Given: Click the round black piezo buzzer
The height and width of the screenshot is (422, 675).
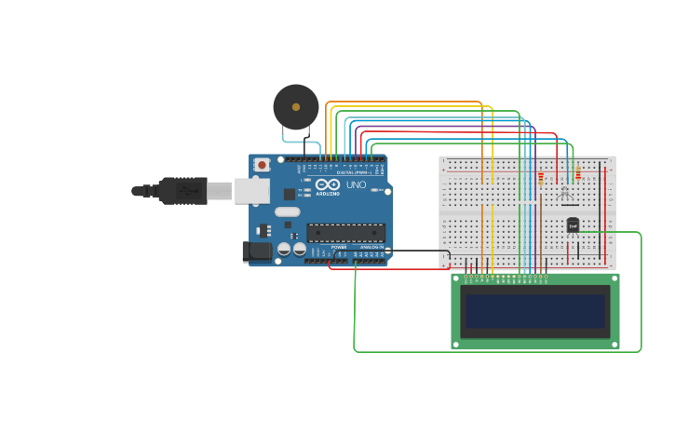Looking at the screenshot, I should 296,106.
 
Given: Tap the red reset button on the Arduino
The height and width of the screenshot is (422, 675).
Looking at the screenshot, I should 263,165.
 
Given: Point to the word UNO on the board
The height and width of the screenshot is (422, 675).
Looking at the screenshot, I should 356,184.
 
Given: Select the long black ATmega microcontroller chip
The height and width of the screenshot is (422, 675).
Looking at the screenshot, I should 345,233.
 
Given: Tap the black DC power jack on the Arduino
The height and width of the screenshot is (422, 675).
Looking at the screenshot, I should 257,252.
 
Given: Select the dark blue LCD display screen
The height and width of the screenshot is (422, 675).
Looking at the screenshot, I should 535,311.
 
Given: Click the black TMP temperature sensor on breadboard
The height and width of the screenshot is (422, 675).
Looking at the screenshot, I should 573,225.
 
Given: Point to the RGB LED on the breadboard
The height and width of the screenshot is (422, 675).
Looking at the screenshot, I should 564,193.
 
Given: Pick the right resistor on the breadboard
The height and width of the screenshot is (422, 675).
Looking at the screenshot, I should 578,173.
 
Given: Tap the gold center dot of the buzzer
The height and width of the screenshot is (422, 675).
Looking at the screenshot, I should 296,107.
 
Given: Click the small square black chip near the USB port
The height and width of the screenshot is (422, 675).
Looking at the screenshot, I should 289,195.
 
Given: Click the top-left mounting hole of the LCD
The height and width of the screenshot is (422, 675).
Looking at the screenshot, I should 456,278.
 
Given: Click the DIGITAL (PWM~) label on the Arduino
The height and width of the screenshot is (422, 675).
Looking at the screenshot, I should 352,173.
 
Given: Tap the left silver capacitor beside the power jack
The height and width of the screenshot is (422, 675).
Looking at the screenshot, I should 283,250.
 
